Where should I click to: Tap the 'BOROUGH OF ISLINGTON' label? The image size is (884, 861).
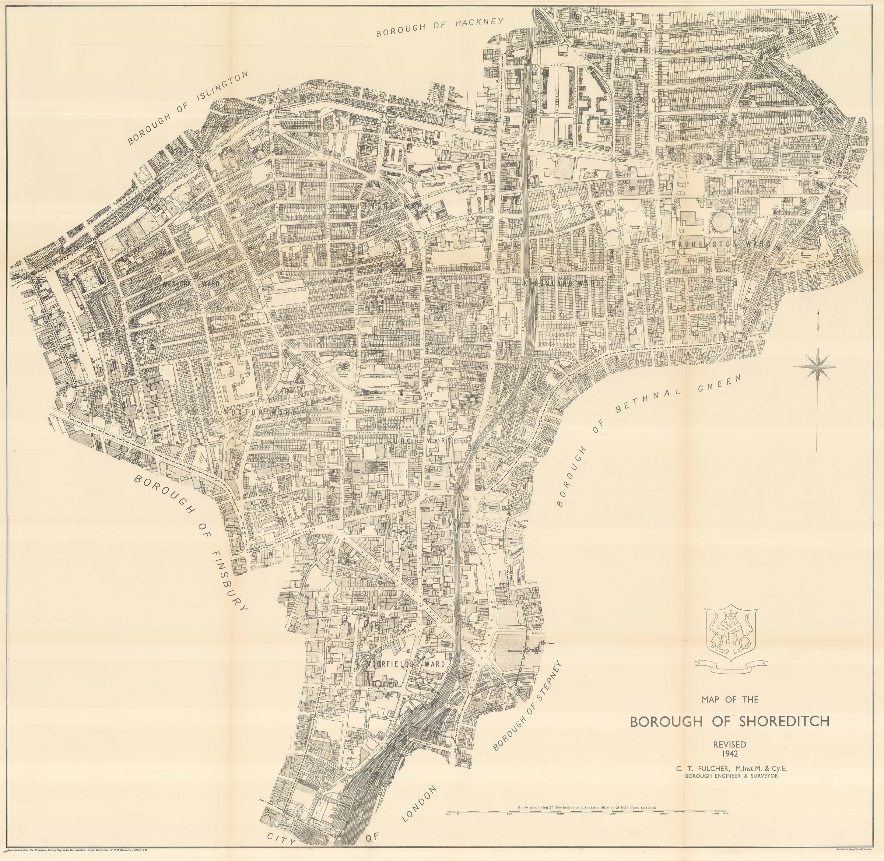point(189,108)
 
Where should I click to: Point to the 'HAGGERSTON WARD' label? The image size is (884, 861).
point(722,244)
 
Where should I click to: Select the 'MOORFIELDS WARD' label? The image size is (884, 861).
point(406,664)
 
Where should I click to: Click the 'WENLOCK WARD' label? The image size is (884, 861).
point(190,284)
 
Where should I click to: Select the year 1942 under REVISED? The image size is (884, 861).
point(729,753)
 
